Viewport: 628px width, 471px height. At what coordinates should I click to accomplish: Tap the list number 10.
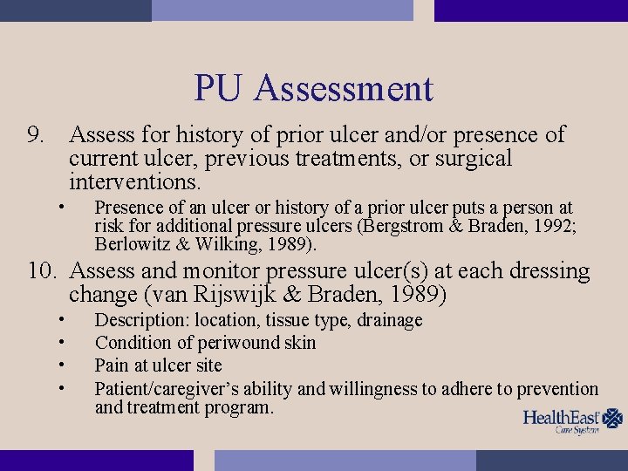coord(42,272)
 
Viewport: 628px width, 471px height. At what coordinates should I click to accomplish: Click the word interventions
coord(135,183)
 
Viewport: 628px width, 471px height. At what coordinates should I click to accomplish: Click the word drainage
coord(388,321)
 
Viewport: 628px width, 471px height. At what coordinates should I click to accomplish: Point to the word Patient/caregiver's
coord(168,389)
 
